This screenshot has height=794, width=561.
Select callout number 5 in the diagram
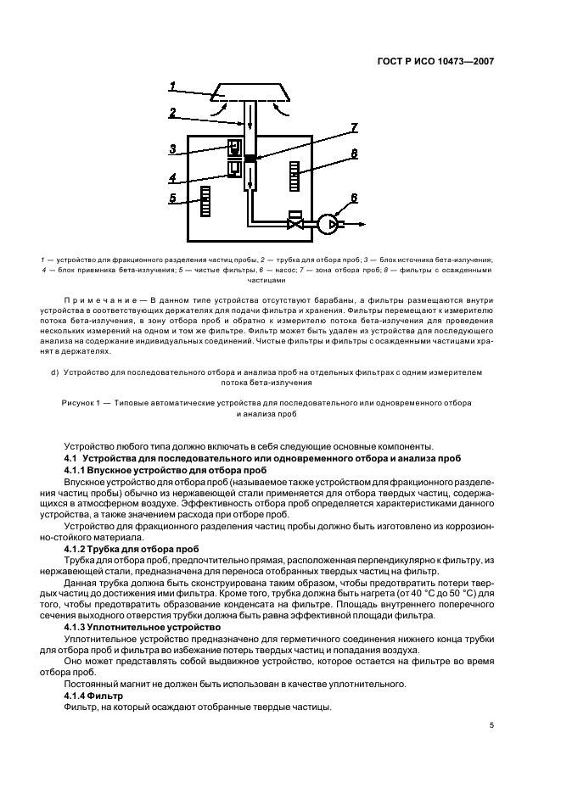point(172,199)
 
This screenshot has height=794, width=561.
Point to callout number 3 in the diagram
point(172,149)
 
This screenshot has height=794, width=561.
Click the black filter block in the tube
point(250,159)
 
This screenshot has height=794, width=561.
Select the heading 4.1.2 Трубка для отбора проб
point(132,549)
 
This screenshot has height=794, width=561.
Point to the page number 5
point(491,725)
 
